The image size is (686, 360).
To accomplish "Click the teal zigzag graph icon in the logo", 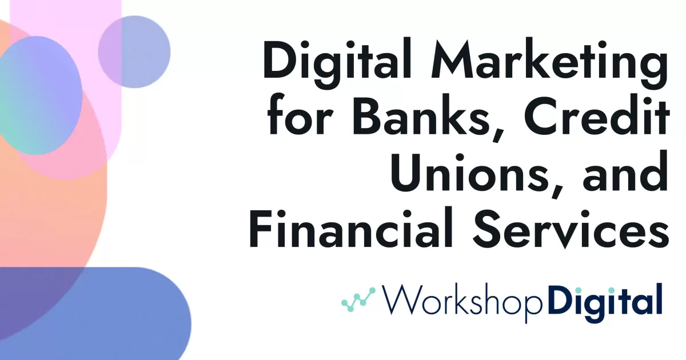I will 358,298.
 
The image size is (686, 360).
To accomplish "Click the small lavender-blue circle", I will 134,51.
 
